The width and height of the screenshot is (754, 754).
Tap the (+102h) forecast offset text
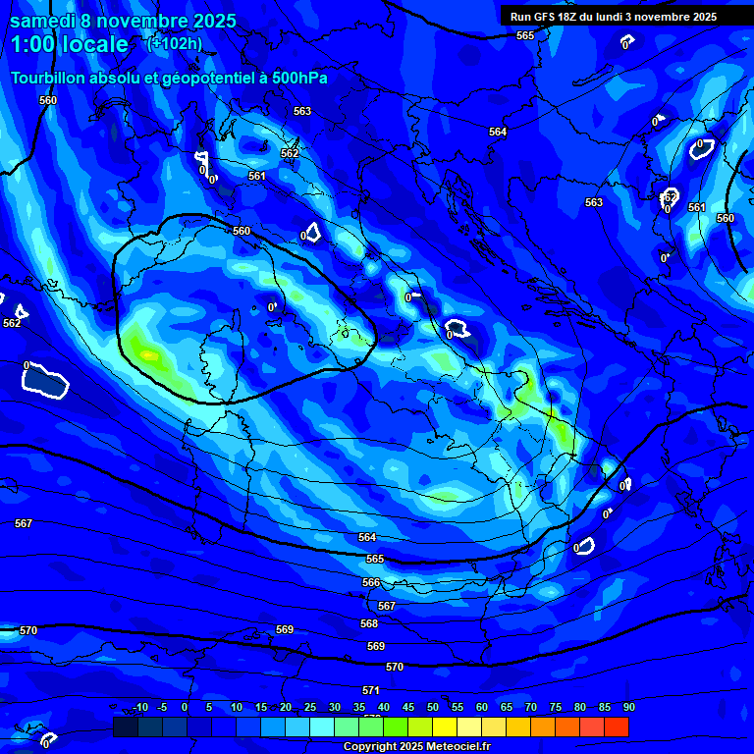click(174, 43)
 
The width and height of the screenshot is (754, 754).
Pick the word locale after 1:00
click(93, 45)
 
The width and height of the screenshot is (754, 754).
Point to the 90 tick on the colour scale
click(628, 707)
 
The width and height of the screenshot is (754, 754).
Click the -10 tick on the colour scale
click(139, 707)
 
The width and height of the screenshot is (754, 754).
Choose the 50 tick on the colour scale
click(432, 707)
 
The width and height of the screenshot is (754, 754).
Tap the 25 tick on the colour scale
click(309, 707)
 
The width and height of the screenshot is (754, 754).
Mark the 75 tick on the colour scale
click(555, 707)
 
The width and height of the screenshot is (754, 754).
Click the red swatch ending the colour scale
click(616, 727)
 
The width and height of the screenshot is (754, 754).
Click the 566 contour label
click(371, 582)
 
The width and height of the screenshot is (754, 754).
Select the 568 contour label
click(369, 623)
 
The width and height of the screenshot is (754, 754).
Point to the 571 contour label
click(370, 690)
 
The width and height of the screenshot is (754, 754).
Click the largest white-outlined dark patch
click(44, 380)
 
